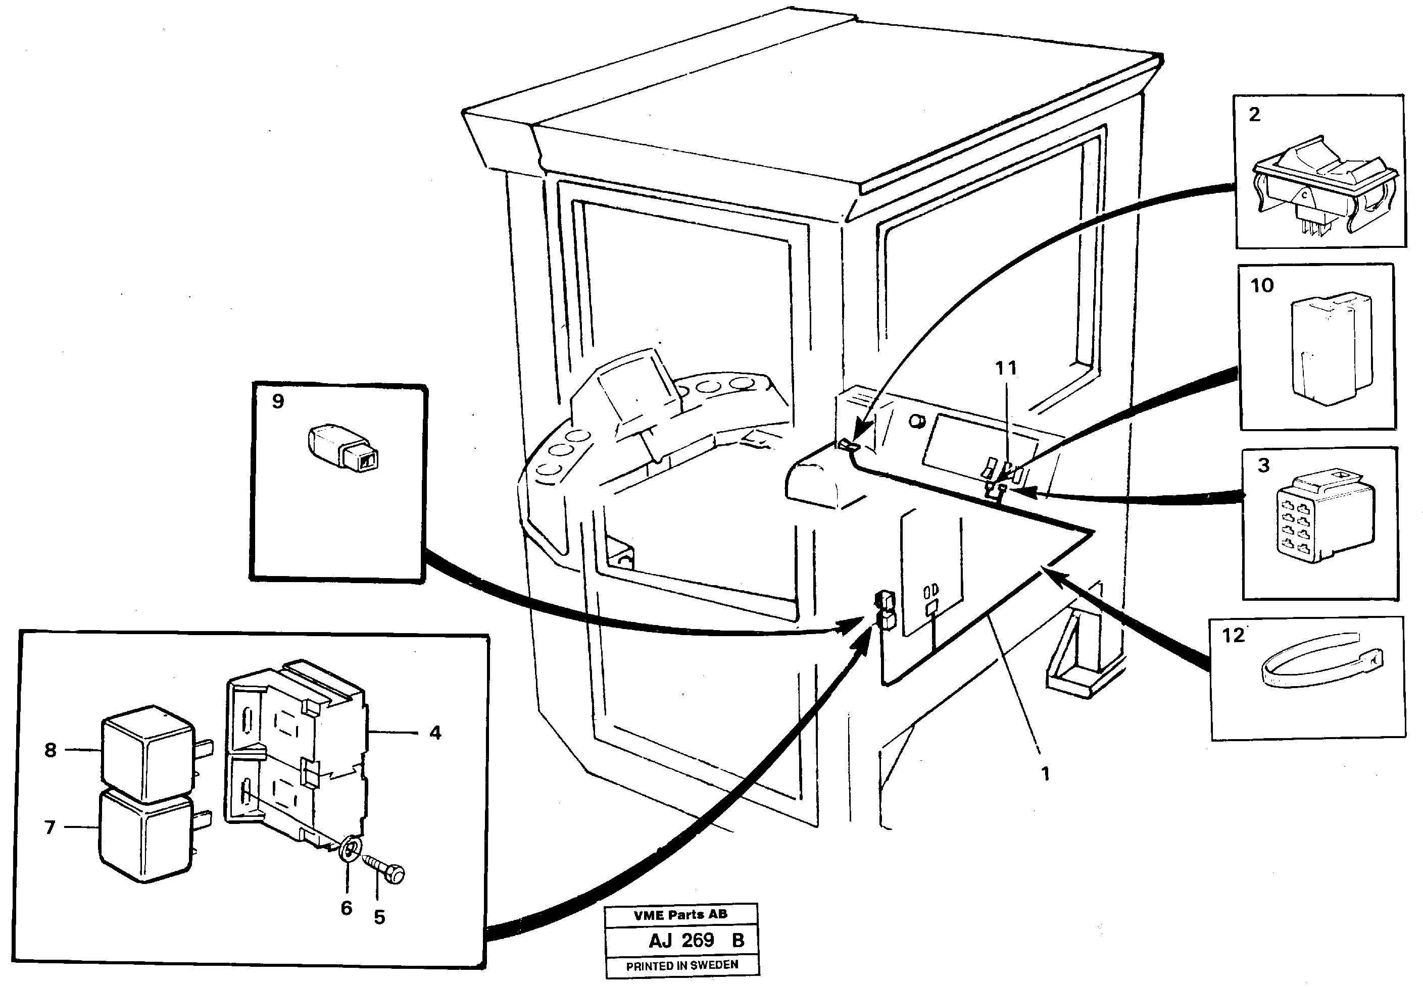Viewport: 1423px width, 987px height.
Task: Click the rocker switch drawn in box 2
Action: (1324, 185)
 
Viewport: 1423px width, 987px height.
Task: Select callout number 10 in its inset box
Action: (1262, 286)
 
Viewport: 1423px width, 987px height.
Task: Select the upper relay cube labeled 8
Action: (146, 753)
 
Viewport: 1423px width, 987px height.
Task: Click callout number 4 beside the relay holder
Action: (435, 733)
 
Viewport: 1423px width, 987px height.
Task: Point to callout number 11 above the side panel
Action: (1006, 369)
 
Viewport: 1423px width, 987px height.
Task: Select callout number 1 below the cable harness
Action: (1045, 773)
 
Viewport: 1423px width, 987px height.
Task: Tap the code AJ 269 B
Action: (696, 941)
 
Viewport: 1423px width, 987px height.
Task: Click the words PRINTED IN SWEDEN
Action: (682, 965)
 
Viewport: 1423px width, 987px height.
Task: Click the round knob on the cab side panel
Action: (916, 423)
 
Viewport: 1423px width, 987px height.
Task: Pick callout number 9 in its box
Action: (278, 402)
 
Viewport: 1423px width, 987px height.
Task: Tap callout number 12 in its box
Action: (1233, 635)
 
